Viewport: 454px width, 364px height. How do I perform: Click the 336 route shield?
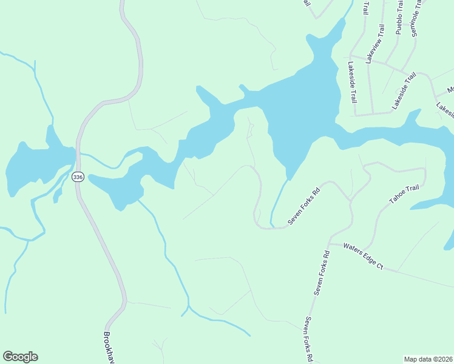pos(77,177)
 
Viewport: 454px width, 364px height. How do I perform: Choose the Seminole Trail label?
pos(416,18)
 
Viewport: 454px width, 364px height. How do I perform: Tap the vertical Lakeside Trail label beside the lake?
pos(352,82)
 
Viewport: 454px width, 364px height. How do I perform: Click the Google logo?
pos(20,357)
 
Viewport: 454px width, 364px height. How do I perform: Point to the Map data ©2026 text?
pos(428,359)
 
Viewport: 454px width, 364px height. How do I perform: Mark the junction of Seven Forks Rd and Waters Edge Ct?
pos(328,243)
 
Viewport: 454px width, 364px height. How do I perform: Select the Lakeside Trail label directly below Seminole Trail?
pos(404,91)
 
